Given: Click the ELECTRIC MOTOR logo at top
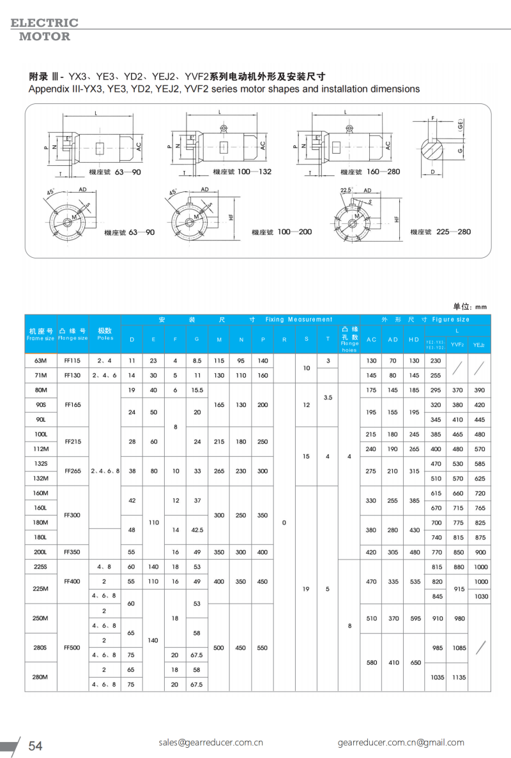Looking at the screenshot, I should coord(44,29).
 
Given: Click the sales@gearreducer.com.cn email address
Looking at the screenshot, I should coord(211,742).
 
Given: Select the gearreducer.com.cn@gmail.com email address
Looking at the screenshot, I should coord(401,742).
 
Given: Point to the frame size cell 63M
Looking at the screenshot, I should coord(40,360).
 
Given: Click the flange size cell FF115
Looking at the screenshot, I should coord(72,360).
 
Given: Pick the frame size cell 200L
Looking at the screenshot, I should coord(40,552).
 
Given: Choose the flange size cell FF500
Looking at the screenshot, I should coord(72,648).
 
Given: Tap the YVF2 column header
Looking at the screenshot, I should coord(457,345).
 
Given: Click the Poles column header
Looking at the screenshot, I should coord(105,334).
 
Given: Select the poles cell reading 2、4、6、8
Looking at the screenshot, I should coord(105,470).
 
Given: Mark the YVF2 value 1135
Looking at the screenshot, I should coord(457,677).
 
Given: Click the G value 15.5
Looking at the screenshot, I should coord(197,390).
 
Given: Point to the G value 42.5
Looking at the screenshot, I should coord(197,530).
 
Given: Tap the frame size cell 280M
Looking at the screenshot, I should coord(40,677).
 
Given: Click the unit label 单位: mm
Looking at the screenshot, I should coord(471,306).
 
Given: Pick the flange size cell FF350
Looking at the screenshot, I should coord(72,552).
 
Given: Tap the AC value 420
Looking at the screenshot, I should coord(371,552).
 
